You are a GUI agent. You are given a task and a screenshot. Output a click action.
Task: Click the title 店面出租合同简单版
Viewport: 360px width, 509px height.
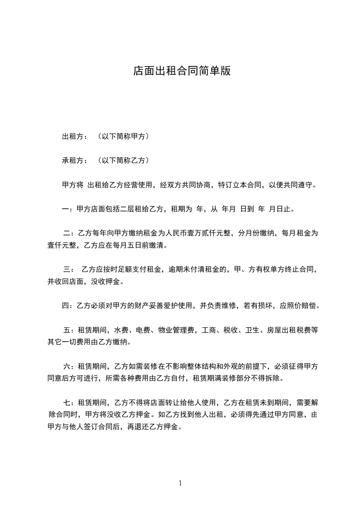(x=182, y=71)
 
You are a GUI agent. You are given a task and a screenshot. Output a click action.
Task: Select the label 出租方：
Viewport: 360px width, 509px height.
(x=74, y=136)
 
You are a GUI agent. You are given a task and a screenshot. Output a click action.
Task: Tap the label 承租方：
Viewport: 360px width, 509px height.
(x=74, y=161)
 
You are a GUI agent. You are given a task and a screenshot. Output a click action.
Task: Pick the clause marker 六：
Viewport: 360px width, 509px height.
(x=70, y=366)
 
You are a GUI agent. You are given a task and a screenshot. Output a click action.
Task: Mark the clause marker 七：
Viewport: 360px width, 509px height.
(x=70, y=402)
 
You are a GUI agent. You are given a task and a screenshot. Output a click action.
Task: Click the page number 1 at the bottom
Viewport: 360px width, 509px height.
(x=180, y=483)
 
